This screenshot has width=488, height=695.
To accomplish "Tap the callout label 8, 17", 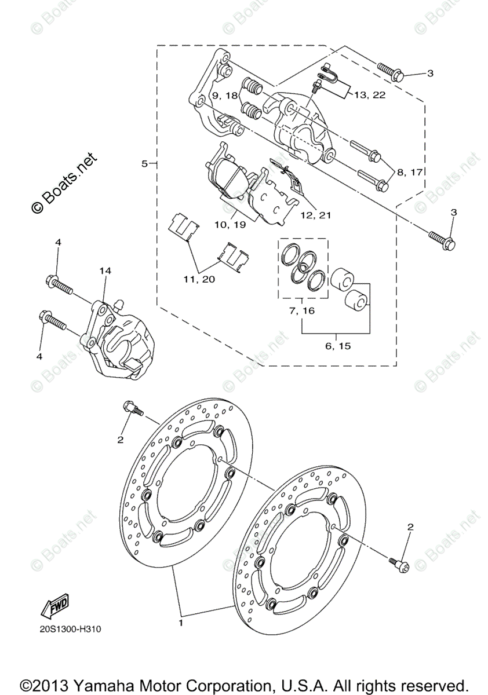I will tap(410, 172).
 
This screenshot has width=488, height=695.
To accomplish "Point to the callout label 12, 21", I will tap(316, 215).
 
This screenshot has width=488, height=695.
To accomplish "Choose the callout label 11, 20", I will tap(199, 279).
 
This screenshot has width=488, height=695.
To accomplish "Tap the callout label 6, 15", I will tap(337, 346).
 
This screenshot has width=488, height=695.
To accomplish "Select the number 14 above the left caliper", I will tap(104, 270).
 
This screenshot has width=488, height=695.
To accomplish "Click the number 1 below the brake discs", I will tap(181, 624).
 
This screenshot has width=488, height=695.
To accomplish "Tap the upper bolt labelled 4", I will tap(58, 284).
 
